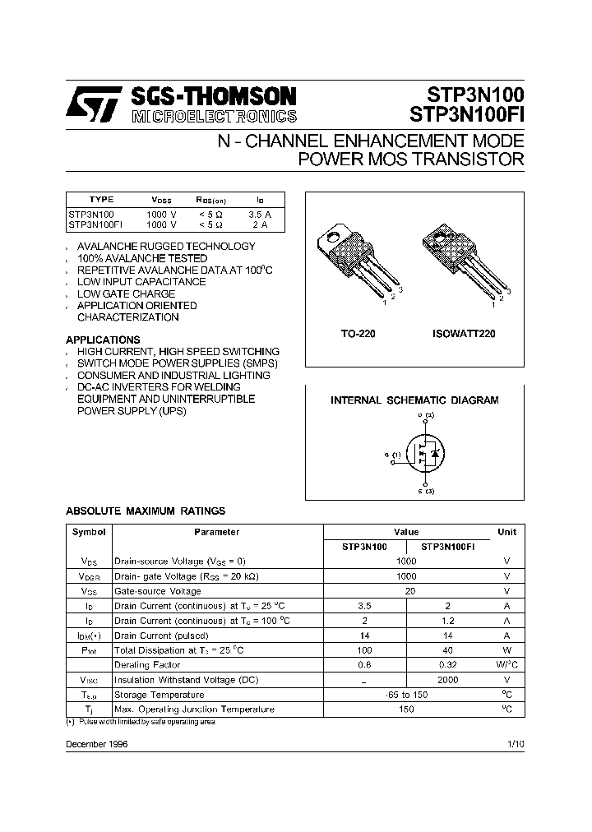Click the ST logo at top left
click(95, 104)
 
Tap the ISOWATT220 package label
click(463, 335)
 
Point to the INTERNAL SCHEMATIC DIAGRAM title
click(414, 400)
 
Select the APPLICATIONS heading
click(103, 340)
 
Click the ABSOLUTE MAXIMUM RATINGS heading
click(146, 511)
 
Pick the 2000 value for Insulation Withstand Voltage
click(448, 680)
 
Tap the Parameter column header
click(217, 532)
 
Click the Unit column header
click(506, 532)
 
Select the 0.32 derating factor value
click(448, 665)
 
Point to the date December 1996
click(96, 743)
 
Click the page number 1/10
click(516, 743)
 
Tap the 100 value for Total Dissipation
click(365, 650)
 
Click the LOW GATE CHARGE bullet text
click(126, 294)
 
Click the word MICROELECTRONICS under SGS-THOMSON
click(214, 116)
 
